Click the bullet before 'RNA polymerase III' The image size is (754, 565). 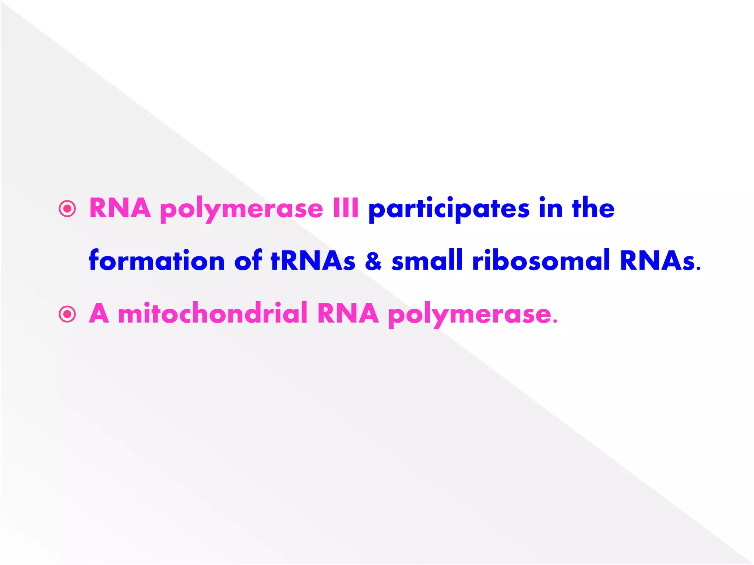click(67, 209)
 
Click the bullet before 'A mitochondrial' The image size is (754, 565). click(67, 315)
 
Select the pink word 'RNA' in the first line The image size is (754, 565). click(120, 208)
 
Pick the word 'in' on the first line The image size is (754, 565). click(551, 208)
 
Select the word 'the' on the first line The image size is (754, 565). click(593, 208)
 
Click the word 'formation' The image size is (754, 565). click(157, 260)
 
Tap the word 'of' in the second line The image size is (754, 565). click(248, 260)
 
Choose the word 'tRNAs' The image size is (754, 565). click(313, 260)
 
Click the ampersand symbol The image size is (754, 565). click(373, 261)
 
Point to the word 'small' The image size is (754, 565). click(427, 260)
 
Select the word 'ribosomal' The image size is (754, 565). click(541, 260)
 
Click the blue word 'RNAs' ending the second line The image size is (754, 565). click(658, 260)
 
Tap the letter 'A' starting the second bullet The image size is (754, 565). click(99, 313)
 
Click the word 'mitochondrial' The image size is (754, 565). click(213, 313)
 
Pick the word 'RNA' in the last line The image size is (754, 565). click(348, 313)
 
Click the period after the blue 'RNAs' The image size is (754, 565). click(698, 269)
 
